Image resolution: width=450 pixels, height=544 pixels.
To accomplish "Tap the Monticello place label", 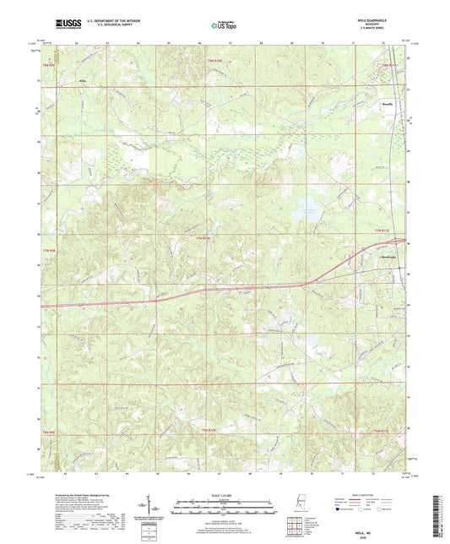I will [x=370, y=258].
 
